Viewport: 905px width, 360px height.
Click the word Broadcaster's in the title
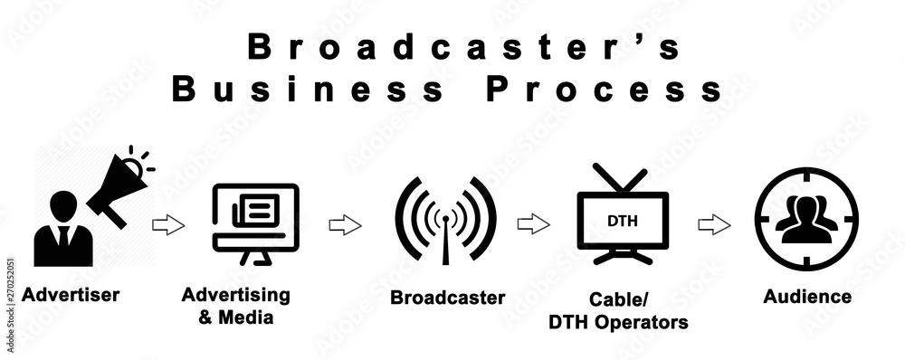tap(462, 46)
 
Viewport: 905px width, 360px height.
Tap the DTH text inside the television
tap(622, 221)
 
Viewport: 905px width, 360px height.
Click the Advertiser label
tap(71, 294)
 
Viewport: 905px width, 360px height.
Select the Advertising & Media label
tap(236, 306)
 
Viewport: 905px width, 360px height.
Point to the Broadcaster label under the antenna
tap(447, 297)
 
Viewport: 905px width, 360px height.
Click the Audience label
tap(807, 296)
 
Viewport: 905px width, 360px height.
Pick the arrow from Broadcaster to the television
tap(533, 224)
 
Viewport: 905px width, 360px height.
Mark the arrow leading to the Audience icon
tap(715, 224)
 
